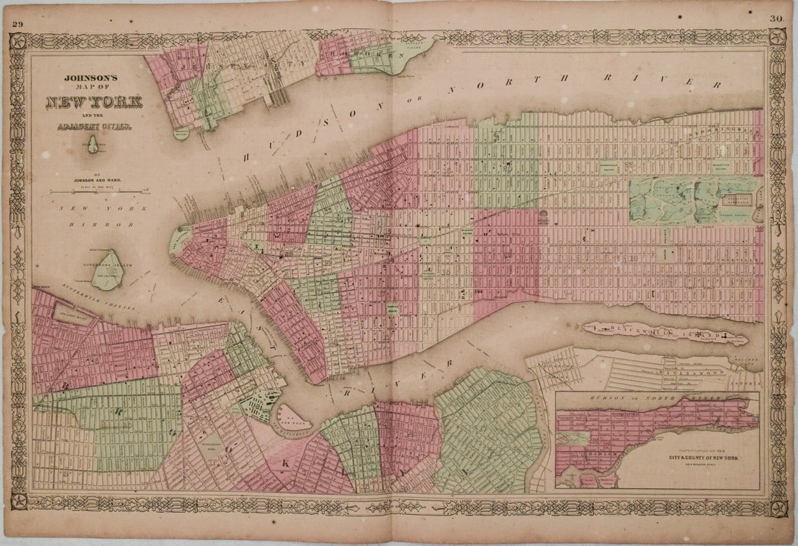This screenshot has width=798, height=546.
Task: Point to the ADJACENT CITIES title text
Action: (x=95, y=128)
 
